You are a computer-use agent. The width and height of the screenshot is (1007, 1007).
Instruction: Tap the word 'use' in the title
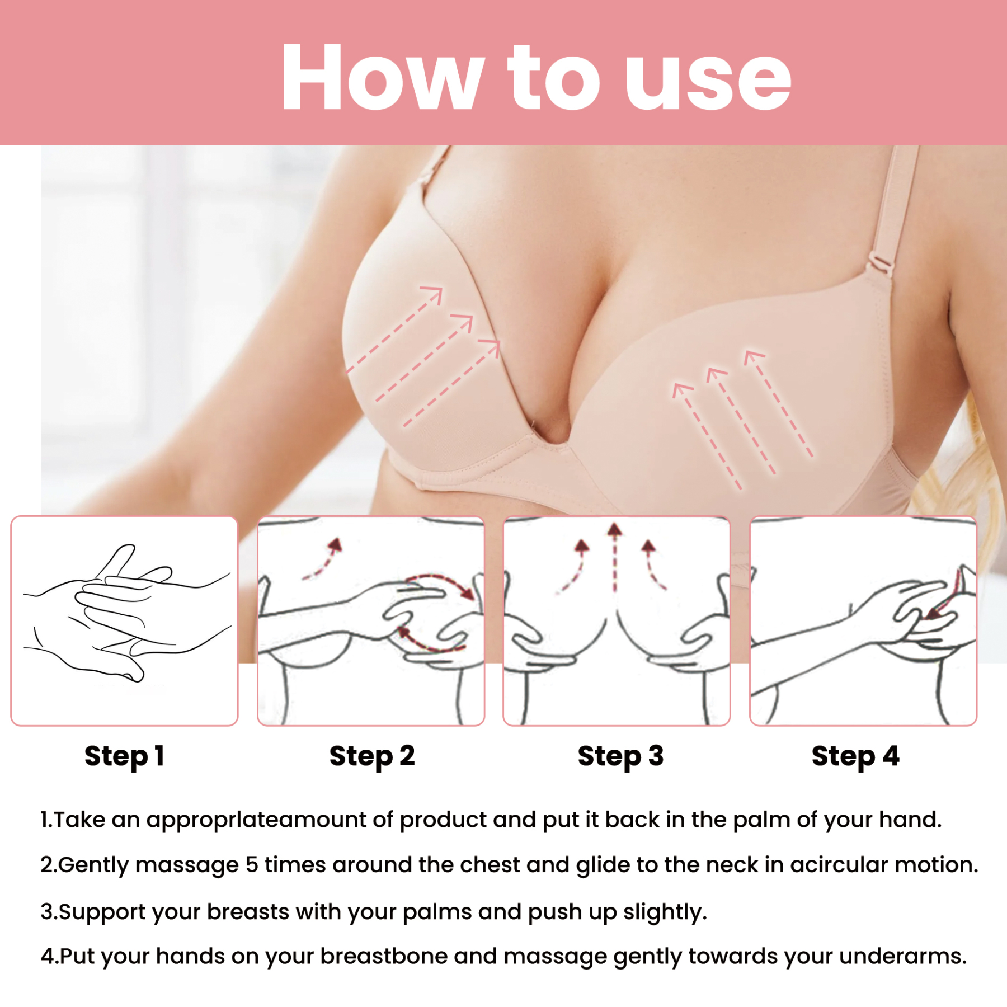pos(708,78)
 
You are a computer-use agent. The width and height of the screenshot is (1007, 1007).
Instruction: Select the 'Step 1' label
pos(124,756)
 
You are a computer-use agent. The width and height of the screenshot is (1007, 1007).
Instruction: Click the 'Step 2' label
pos(372,756)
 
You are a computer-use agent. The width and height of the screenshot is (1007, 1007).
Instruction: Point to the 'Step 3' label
pos(620,756)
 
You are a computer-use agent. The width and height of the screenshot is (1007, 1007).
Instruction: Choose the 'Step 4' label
pos(855,756)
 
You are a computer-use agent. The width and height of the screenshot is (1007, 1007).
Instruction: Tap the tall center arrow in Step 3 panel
pos(615,557)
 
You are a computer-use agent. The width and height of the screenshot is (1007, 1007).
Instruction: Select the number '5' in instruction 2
pos(252,865)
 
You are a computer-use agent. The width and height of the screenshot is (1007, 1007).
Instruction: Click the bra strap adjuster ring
pos(881,265)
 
